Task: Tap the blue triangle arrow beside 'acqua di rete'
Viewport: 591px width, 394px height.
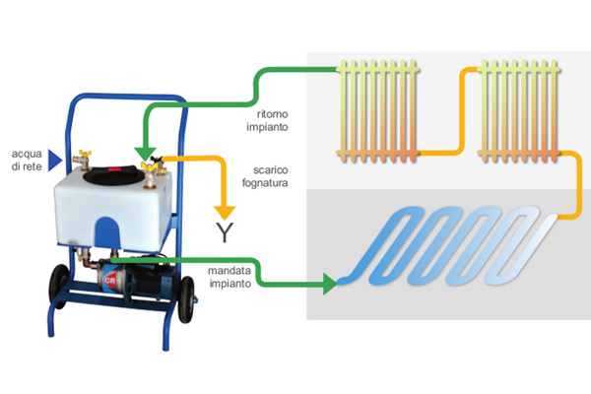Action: pos(57,159)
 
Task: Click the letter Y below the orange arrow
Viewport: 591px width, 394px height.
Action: pos(226,234)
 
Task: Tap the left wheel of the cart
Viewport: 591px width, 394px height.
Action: pos(59,286)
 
